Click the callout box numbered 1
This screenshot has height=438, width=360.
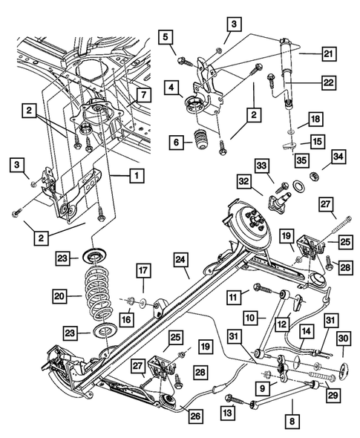(136, 176)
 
